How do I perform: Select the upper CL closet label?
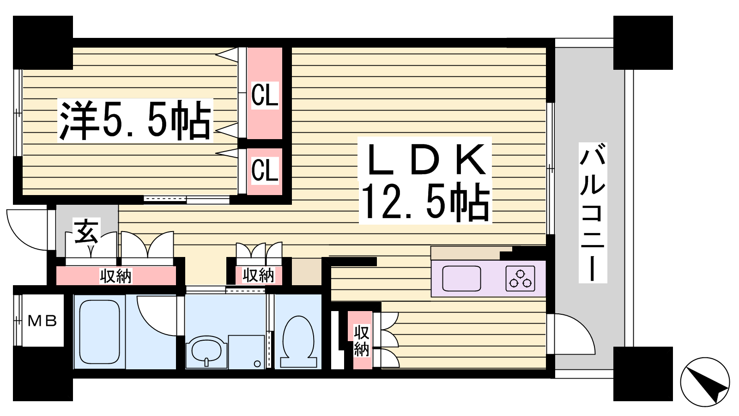(x=265, y=95)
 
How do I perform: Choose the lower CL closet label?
(x=265, y=170)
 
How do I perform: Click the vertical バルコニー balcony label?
(x=593, y=212)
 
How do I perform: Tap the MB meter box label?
(x=42, y=321)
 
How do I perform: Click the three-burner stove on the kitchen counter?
(x=520, y=278)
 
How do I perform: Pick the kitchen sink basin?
(x=461, y=278)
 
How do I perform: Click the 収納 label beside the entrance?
(x=115, y=276)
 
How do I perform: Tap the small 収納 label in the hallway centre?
(x=258, y=275)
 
